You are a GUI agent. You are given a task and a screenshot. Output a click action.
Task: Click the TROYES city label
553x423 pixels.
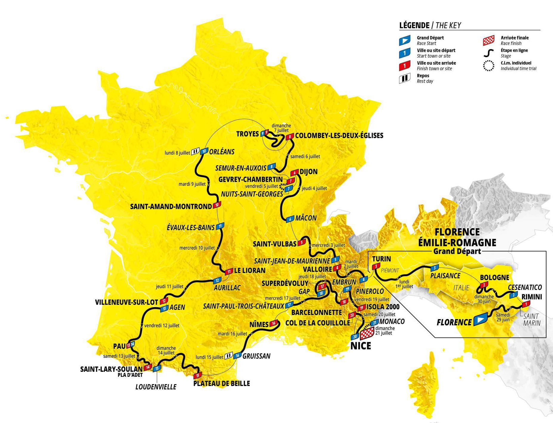247,134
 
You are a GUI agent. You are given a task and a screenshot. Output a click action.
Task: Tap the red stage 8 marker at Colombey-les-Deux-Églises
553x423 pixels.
289,137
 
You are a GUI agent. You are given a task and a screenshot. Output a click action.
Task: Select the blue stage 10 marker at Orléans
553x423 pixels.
204,151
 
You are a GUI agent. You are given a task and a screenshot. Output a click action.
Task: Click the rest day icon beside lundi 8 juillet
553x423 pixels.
195,151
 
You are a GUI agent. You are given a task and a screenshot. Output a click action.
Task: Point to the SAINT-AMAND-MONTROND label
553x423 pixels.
171,206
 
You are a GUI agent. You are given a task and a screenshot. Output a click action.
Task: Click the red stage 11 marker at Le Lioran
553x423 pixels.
229,271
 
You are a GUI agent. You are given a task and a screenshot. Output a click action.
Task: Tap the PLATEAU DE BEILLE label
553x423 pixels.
221,383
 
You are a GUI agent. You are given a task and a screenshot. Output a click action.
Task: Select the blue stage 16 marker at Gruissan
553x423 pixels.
237,355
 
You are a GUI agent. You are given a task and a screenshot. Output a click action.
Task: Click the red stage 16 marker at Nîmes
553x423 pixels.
274,323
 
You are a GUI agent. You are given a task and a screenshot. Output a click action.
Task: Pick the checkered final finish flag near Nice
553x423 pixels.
367,333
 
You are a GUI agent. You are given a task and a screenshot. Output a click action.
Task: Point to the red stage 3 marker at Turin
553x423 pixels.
376,266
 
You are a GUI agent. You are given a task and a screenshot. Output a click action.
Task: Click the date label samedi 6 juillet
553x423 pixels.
305,156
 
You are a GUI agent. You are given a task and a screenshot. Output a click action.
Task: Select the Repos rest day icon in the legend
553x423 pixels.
404,79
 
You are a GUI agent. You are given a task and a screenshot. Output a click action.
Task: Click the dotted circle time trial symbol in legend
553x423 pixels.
489,66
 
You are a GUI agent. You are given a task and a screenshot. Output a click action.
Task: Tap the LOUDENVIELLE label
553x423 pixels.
156,387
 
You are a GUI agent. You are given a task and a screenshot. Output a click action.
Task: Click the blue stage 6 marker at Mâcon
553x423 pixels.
290,219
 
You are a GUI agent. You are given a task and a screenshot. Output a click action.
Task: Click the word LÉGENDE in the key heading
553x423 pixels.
414,25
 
